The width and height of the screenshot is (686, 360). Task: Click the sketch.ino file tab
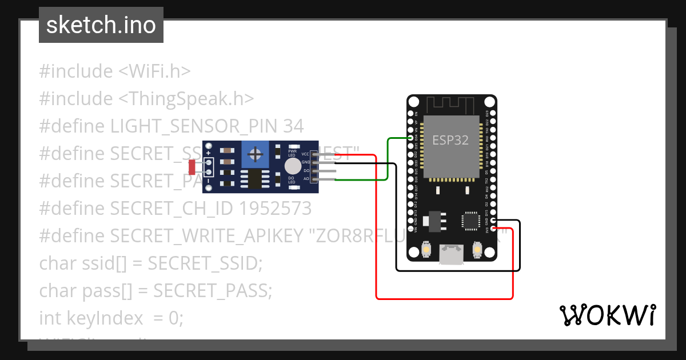coord(101,25)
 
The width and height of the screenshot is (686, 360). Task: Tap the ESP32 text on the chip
coord(450,140)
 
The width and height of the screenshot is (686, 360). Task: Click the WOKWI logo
coord(607,315)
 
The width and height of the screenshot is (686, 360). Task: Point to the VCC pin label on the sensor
coord(305,154)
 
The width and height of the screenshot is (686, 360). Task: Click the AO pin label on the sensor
coord(306,179)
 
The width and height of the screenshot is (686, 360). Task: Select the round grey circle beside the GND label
coord(293,166)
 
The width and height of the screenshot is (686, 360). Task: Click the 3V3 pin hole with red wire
coord(493,229)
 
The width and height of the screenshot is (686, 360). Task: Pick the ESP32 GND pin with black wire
coord(493,221)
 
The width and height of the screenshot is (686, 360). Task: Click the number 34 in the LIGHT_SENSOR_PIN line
coord(293,126)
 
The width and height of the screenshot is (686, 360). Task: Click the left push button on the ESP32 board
coord(426,250)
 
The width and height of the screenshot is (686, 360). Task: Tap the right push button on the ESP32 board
coord(478,250)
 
